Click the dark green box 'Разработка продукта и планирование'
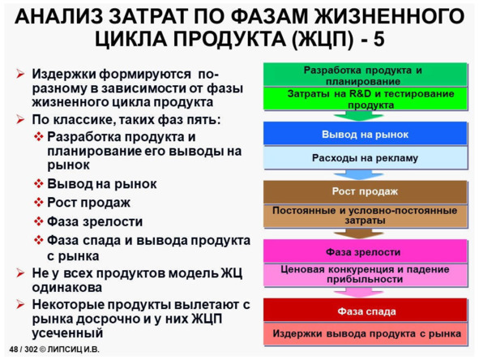point(365,75)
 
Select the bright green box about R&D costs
point(365,98)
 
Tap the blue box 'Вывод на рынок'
point(365,134)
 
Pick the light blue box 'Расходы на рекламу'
point(365,157)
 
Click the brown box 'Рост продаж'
point(365,192)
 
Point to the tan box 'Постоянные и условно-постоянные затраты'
point(365,216)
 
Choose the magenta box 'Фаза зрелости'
point(365,251)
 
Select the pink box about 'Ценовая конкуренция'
point(365,275)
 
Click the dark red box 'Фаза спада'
point(365,311)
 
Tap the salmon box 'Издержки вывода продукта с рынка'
point(365,334)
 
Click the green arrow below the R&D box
point(358,116)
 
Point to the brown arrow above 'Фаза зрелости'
point(358,234)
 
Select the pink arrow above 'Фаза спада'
point(358,293)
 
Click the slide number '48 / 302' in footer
point(23,349)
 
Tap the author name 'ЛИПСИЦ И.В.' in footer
point(73,349)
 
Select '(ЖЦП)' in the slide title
point(323,40)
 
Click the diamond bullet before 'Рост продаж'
point(39,203)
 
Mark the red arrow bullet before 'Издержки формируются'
point(20,74)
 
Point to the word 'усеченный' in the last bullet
point(67,333)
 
